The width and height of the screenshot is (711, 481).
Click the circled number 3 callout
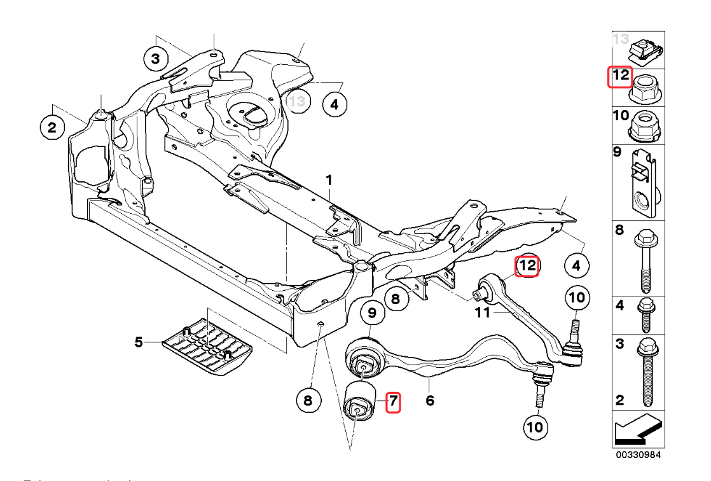pos(155,60)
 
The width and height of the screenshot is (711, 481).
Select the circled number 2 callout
pos(52,127)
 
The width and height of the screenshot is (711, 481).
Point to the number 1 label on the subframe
pos(329,181)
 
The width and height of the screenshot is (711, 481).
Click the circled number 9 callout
pos(373,313)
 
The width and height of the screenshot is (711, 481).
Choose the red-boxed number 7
pos(394,401)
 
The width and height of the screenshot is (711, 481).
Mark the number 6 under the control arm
pos(430,401)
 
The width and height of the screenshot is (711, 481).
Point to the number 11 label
pos(483,312)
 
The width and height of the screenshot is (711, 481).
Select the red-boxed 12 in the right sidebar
pos(620,78)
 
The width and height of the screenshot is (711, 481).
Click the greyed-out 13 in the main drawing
pos(297,101)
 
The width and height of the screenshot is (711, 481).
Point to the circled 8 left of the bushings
pos(308,401)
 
